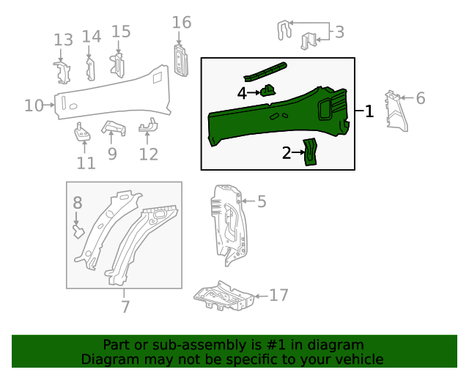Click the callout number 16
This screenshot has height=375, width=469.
click(182, 23)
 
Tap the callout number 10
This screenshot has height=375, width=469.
click(34, 105)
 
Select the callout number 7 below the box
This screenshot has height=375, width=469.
click(125, 306)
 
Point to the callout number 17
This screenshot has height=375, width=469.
click(278, 295)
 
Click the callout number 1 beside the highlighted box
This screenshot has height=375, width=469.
click(369, 111)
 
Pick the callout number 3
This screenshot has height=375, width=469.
click(339, 31)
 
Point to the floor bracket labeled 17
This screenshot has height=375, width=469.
click(224, 298)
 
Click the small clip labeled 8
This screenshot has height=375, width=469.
click(77, 232)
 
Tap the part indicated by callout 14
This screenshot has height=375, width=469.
click(90, 68)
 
